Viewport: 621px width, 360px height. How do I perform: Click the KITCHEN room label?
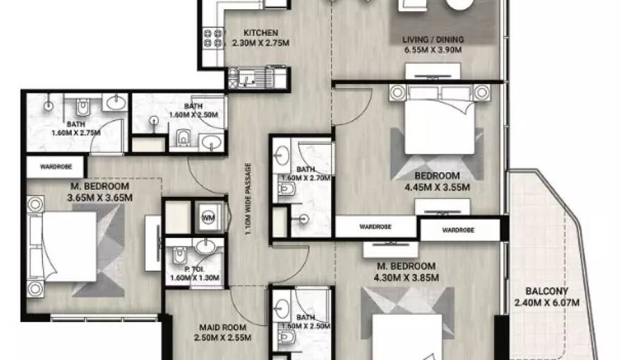coord(260,33)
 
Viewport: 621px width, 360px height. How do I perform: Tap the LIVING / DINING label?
coord(433,40)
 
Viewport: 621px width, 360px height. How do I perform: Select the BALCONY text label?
coord(546,291)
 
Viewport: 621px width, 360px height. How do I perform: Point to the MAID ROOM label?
coord(222,328)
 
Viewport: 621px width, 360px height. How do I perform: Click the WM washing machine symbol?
coord(208,217)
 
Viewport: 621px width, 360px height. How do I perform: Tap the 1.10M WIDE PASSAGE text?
coord(248,199)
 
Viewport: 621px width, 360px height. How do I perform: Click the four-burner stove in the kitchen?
coord(213,38)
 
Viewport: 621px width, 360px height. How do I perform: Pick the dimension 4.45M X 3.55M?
coord(438,187)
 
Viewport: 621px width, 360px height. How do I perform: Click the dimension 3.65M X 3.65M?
coord(100,197)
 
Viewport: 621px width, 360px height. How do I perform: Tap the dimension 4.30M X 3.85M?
coord(406,277)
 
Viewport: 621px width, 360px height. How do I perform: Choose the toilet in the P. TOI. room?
coord(180,256)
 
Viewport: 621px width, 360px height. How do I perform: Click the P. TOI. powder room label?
coord(194,270)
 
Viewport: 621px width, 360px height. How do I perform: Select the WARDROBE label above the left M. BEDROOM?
coord(56,167)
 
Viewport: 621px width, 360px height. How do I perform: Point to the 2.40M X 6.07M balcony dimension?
coord(546,303)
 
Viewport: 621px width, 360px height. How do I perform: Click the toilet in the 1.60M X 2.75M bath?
coord(83,107)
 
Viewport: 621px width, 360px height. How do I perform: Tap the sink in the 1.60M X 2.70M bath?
coord(282,155)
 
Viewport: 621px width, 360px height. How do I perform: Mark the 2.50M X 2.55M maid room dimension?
coord(222,338)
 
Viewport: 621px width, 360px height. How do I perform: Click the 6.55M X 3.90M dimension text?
coord(433,50)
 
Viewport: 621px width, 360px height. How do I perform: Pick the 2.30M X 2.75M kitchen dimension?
coord(260,43)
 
